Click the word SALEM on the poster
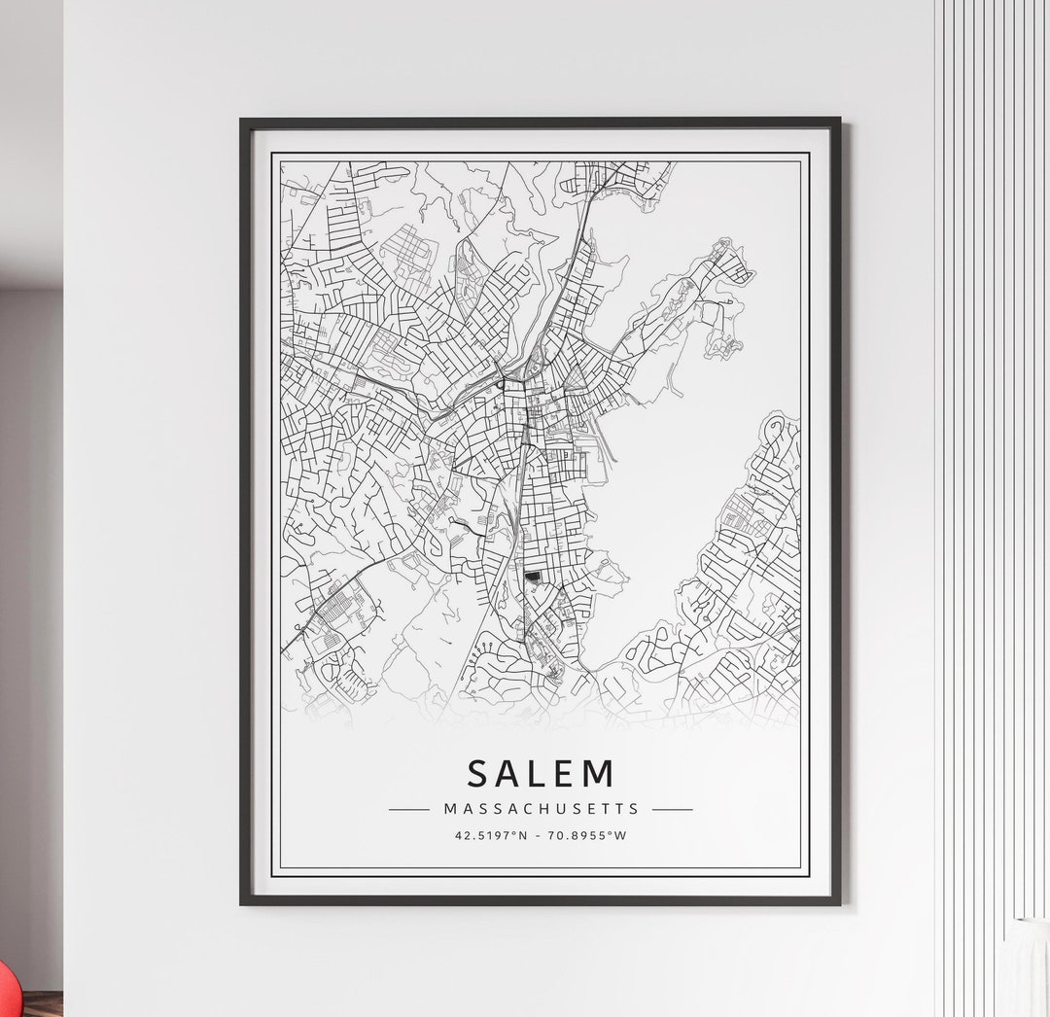(541, 773)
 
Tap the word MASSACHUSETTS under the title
(542, 808)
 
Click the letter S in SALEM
(478, 773)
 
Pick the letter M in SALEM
(601, 773)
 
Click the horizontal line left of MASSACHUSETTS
(408, 809)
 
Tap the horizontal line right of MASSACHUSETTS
(673, 809)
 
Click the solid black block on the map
(532, 578)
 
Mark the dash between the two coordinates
(540, 835)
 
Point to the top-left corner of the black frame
(243, 121)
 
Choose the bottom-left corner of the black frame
(243, 902)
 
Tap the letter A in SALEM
(508, 773)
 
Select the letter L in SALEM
(537, 773)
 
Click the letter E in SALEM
(565, 773)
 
